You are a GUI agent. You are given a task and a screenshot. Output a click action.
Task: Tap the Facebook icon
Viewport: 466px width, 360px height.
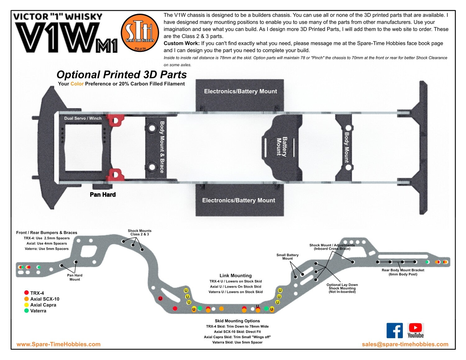click(395, 330)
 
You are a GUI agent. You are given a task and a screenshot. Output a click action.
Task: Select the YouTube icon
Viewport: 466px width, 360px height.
click(415, 330)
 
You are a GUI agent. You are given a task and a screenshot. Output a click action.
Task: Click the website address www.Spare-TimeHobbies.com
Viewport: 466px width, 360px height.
click(58, 344)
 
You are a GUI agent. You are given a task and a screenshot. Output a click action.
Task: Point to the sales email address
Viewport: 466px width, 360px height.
click(405, 344)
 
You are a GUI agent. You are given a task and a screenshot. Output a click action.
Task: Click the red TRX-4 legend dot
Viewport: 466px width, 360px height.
click(26, 293)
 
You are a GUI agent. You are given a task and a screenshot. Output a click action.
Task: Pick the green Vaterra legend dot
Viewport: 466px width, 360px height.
click(26, 311)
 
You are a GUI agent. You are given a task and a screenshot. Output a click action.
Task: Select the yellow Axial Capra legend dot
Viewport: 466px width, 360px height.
click(26, 305)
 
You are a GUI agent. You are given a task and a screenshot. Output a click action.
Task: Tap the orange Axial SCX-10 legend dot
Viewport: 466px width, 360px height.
click(26, 299)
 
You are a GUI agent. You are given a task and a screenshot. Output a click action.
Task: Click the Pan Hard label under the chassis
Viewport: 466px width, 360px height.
click(103, 195)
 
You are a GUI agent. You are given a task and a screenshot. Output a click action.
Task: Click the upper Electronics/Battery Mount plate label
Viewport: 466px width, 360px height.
click(240, 91)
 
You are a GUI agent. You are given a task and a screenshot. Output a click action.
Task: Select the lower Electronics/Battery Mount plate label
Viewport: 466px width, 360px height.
click(239, 200)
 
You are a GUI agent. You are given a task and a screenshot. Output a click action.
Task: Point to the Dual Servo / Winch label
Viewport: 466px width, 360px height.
click(83, 118)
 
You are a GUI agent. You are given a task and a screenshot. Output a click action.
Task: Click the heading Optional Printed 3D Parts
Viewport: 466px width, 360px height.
click(121, 75)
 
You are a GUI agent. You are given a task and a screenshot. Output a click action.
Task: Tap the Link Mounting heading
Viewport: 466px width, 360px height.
click(235, 276)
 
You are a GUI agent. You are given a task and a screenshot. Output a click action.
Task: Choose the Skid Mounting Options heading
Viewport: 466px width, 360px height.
click(237, 321)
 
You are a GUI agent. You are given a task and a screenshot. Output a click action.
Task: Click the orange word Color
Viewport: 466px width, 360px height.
click(77, 84)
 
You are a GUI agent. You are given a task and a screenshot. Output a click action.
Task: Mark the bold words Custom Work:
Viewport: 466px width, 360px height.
click(181, 43)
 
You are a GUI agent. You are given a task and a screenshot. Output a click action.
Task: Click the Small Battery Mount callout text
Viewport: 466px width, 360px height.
click(287, 257)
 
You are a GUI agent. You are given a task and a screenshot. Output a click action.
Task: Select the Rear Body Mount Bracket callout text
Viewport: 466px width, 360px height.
click(403, 272)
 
